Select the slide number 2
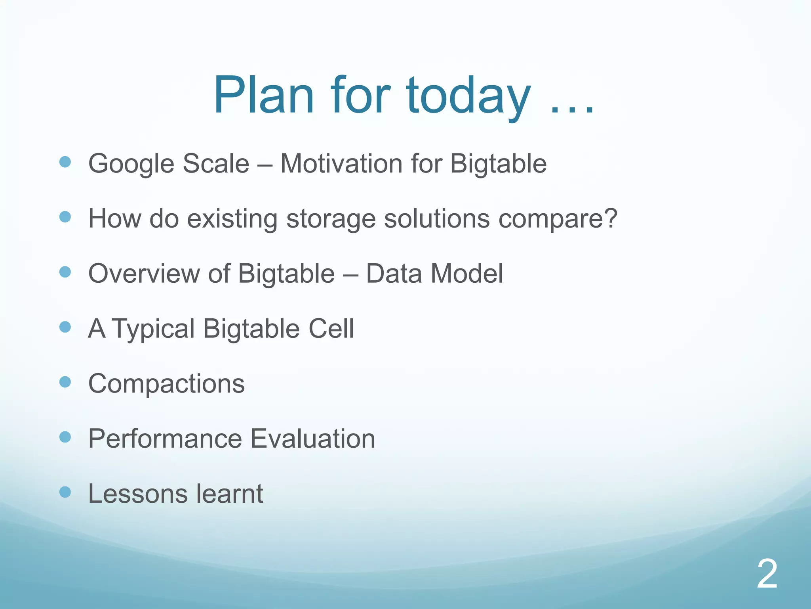pyautogui.click(x=767, y=574)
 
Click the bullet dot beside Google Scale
pyautogui.click(x=65, y=162)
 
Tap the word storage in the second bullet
pyautogui.click(x=331, y=218)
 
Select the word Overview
pyautogui.click(x=144, y=273)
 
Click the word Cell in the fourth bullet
pyautogui.click(x=331, y=328)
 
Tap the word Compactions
pyautogui.click(x=166, y=384)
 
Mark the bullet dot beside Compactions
pyautogui.click(x=65, y=382)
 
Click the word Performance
pyautogui.click(x=165, y=439)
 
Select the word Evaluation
pyautogui.click(x=313, y=439)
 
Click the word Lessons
pyautogui.click(x=137, y=494)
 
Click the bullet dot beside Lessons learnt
pyautogui.click(x=65, y=492)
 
